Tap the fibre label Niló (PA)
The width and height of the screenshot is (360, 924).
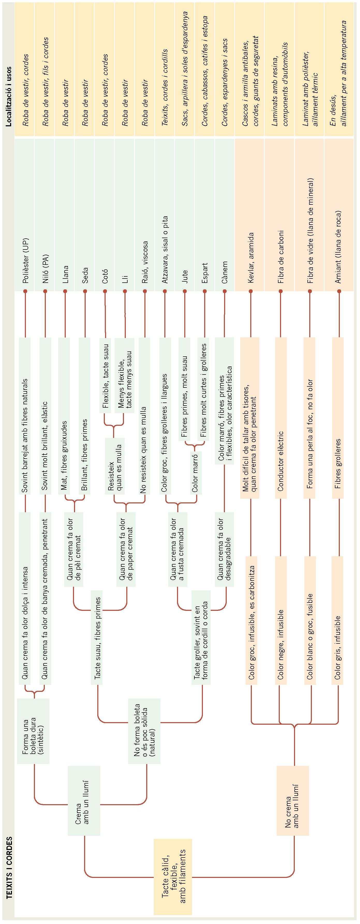click(45, 269)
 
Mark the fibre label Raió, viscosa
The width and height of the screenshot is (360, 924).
click(145, 262)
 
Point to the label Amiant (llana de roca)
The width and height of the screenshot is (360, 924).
click(338, 247)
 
